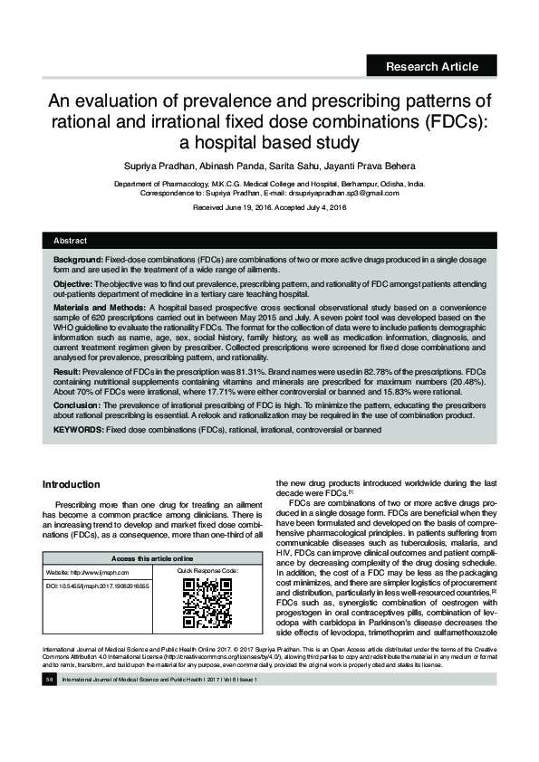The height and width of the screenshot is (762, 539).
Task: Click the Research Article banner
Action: (x=431, y=65)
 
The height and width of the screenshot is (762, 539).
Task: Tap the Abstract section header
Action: (x=70, y=241)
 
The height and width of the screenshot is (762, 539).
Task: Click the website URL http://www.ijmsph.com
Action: (x=98, y=573)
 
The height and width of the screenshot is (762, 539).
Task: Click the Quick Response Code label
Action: (x=207, y=572)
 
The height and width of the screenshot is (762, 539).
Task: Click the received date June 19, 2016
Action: (x=248, y=207)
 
